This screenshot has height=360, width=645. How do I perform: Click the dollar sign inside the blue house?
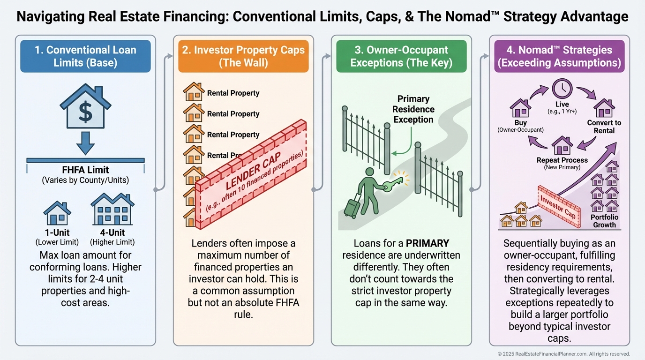[x=85, y=112]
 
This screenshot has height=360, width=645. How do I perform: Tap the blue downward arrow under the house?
[x=85, y=143]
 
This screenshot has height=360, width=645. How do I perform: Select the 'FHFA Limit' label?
[x=85, y=170]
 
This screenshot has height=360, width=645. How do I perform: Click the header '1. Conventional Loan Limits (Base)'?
[x=85, y=56]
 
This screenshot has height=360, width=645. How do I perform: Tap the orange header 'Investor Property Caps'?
[x=243, y=56]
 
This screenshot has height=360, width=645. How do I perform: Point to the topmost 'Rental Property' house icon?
[x=194, y=92]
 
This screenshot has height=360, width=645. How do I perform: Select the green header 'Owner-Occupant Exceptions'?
[x=401, y=56]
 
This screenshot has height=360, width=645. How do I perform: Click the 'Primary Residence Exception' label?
[x=413, y=109]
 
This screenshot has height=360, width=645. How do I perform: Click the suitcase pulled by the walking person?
[x=351, y=208]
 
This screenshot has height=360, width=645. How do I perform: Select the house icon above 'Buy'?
[x=520, y=107]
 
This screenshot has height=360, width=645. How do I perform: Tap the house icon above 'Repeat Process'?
[x=562, y=145]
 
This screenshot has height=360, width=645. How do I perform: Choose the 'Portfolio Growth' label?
[x=604, y=221]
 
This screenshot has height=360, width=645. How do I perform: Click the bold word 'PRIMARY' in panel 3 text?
[x=427, y=244]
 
